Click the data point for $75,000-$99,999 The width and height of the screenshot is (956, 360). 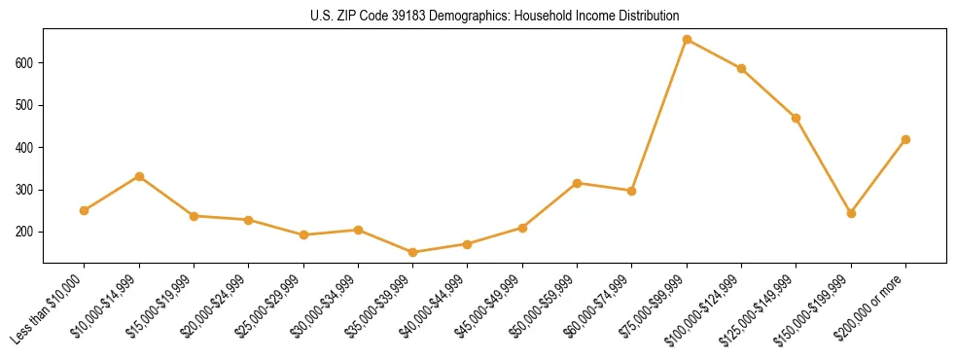687,40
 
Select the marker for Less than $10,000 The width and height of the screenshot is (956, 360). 85,210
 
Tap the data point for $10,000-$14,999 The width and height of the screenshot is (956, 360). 139,176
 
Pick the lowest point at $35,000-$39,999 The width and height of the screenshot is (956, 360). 413,252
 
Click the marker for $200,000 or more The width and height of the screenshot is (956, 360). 905,139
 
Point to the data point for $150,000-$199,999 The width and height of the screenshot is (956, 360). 851,213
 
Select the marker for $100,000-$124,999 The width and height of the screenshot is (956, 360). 741,68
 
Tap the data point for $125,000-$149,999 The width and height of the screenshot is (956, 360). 797,118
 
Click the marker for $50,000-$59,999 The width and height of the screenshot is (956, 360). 577,183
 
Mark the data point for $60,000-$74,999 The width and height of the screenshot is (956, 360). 632,191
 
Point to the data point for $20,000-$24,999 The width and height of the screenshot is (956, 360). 249,220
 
